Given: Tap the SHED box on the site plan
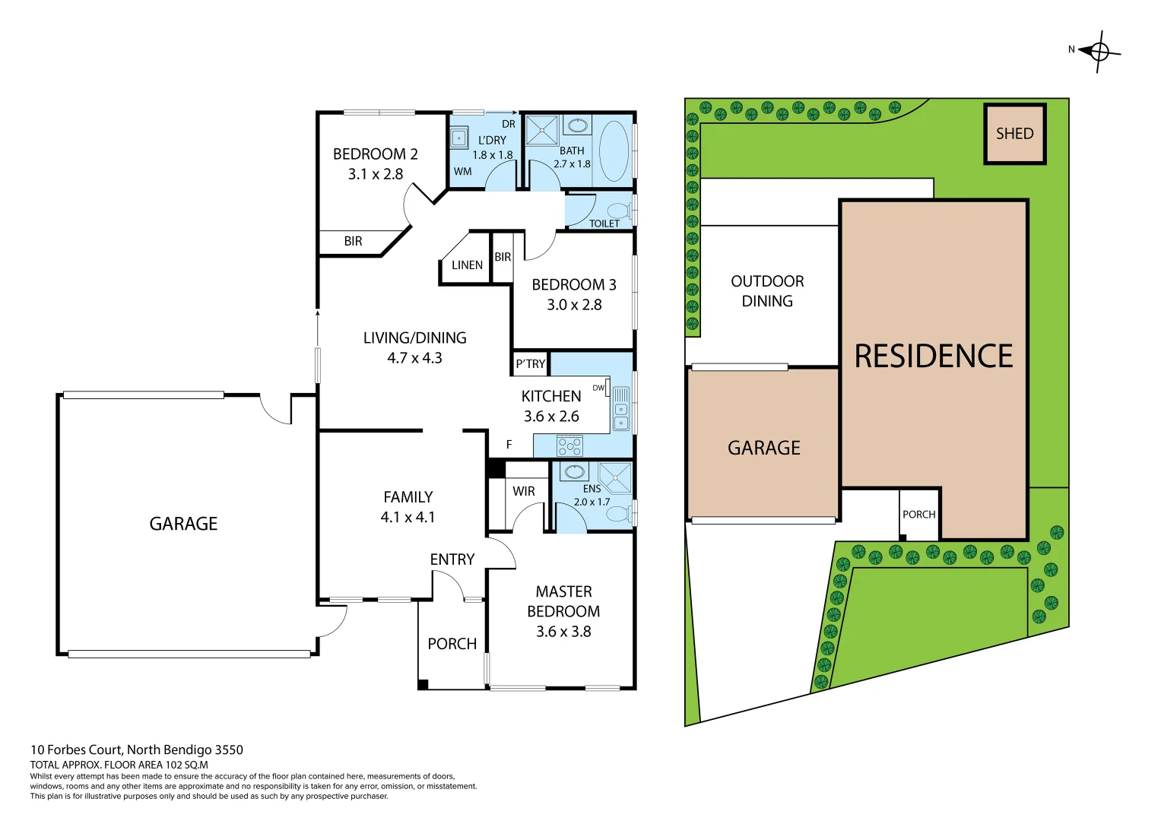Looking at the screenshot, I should pyautogui.click(x=1014, y=134).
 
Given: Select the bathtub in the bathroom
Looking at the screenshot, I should pyautogui.click(x=614, y=151).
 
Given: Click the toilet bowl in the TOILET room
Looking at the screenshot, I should pyautogui.click(x=619, y=210).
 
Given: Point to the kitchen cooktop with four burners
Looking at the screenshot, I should pyautogui.click(x=569, y=445).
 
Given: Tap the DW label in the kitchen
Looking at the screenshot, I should pyautogui.click(x=598, y=388).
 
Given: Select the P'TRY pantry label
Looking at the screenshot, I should pyautogui.click(x=530, y=364).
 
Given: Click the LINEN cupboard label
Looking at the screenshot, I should pyautogui.click(x=467, y=265).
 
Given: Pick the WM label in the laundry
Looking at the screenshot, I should pyautogui.click(x=462, y=172).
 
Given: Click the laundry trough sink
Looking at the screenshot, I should pyautogui.click(x=458, y=138).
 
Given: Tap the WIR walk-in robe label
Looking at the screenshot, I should pyautogui.click(x=523, y=491).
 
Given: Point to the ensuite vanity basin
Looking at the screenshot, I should pyautogui.click(x=575, y=472).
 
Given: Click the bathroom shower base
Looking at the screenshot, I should pyautogui.click(x=542, y=129).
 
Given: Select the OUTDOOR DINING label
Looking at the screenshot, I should pyautogui.click(x=767, y=291).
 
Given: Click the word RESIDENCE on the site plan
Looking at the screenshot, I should pyautogui.click(x=933, y=357).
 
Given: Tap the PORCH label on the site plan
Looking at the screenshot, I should pyautogui.click(x=918, y=515).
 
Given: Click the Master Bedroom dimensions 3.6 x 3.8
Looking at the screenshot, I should pyautogui.click(x=563, y=632).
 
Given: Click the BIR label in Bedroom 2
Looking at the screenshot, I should pyautogui.click(x=353, y=242).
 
